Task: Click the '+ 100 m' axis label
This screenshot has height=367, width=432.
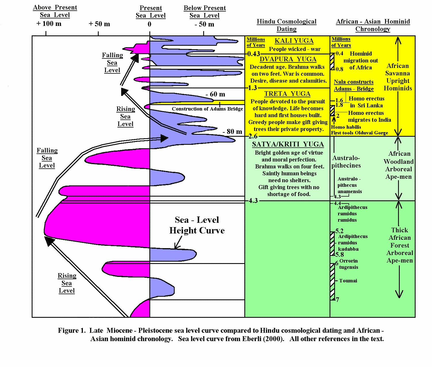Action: pos(49,24)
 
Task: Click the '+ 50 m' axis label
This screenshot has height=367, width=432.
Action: pos(99,24)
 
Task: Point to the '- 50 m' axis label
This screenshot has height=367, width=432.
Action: pos(204,24)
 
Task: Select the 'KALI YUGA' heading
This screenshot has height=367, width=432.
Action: pos(294,41)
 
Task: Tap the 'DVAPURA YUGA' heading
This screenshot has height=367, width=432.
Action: pos(288,59)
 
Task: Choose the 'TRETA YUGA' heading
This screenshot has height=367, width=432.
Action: pos(287,94)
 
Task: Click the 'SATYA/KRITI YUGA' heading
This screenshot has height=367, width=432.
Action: pos(288,144)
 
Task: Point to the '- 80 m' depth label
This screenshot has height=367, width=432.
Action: pos(232,132)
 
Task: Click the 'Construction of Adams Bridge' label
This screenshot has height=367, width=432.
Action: pos(207,109)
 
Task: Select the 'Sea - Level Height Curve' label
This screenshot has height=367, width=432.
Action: pos(197,225)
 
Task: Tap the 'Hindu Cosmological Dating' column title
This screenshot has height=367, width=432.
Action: pos(286,25)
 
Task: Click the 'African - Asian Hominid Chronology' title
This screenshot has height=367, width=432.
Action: pos(373,25)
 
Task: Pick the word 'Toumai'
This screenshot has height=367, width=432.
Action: pos(348,281)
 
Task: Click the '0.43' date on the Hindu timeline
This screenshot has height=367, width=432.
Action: pos(254,54)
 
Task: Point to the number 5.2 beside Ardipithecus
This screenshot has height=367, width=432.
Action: pos(339,231)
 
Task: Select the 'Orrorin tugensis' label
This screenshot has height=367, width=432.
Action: pos(349,264)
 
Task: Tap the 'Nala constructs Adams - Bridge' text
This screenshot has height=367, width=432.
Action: pos(354,85)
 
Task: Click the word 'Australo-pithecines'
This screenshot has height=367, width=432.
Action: pos(346,162)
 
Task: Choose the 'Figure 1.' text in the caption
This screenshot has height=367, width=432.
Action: pos(72,330)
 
